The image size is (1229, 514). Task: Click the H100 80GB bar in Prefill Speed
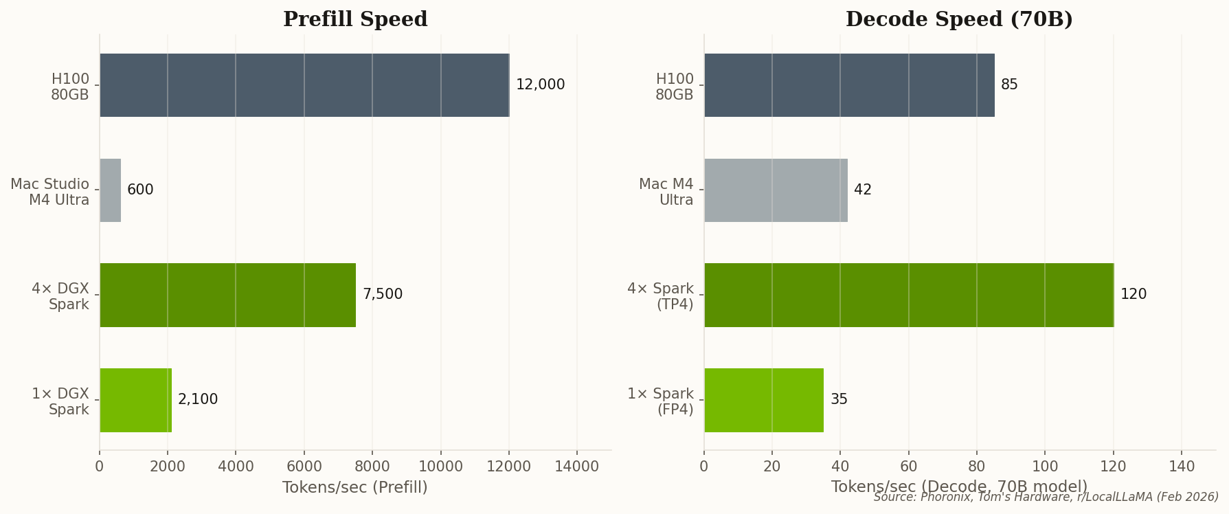click(x=304, y=85)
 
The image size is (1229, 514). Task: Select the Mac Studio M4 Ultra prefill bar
click(x=111, y=190)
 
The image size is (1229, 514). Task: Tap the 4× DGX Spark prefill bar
click(x=227, y=295)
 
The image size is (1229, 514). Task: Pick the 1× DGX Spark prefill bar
click(x=135, y=400)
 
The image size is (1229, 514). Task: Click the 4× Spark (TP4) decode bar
click(x=908, y=295)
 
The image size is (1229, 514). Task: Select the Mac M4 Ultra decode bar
click(x=776, y=190)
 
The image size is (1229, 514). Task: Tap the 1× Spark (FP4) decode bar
click(x=763, y=400)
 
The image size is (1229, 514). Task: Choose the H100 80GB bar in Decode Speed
click(x=849, y=85)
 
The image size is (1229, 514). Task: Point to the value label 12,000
click(x=540, y=85)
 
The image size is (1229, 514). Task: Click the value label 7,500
click(x=383, y=295)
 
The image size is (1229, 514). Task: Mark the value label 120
click(x=1134, y=295)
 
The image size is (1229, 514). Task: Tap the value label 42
click(x=863, y=190)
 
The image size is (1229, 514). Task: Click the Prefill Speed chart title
click(x=355, y=19)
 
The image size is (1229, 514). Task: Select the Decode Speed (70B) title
click(x=959, y=19)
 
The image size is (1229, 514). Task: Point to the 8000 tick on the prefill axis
click(x=372, y=467)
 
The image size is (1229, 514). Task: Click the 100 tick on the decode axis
click(x=1045, y=467)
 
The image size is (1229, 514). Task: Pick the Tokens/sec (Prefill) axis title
click(x=355, y=488)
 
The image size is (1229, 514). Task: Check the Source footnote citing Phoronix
click(x=1046, y=497)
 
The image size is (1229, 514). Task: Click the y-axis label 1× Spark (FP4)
click(x=660, y=402)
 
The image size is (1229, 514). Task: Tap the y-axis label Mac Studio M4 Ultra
click(x=50, y=192)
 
